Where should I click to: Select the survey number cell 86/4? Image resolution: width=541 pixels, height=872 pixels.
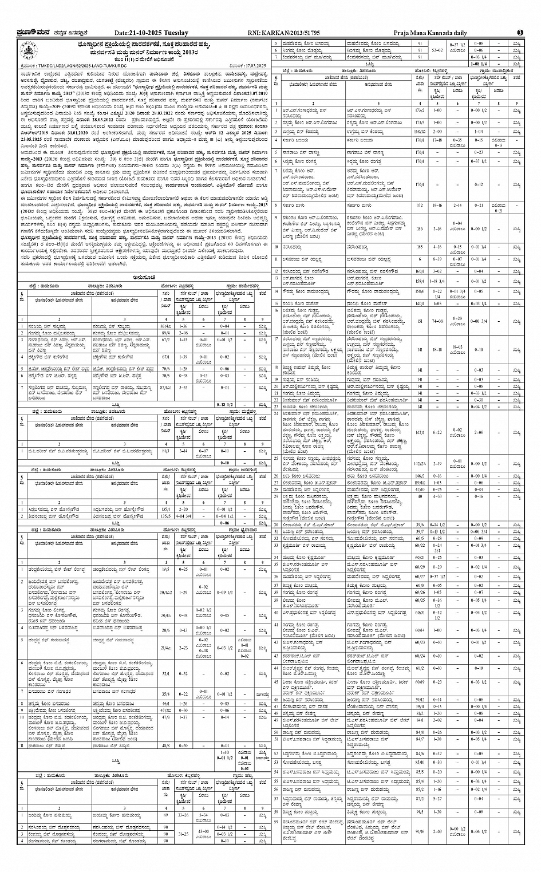tap(166, 325)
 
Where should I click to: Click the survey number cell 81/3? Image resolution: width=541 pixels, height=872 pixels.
tap(166, 451)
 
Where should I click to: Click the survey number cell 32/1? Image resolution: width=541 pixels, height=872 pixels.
tap(166, 674)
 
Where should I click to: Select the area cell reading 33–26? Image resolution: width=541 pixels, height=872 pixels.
tap(184, 814)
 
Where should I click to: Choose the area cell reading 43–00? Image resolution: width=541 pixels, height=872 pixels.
tap(203, 831)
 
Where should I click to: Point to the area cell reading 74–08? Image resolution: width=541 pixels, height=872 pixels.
tap(437, 322)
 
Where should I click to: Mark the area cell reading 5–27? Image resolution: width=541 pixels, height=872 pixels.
tap(437, 798)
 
